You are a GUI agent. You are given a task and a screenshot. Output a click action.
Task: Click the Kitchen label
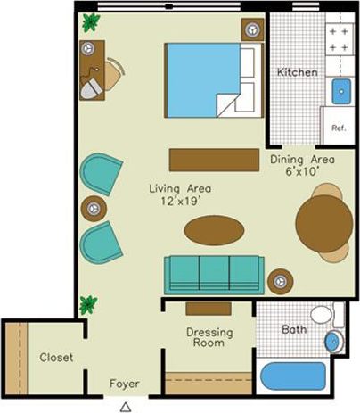(x=296, y=72)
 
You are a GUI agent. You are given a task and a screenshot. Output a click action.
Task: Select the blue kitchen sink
(x=340, y=90)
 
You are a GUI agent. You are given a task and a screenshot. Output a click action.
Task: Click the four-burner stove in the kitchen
(x=339, y=39)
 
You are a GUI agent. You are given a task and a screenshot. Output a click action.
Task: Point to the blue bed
(x=204, y=78)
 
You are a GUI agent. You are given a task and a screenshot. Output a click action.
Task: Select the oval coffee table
(x=214, y=230)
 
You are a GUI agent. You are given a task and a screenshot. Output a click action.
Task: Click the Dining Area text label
(x=302, y=161)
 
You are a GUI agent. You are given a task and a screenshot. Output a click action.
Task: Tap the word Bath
(x=293, y=329)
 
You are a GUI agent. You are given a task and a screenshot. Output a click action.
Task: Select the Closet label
(x=55, y=358)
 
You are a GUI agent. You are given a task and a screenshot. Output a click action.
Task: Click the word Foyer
(x=124, y=384)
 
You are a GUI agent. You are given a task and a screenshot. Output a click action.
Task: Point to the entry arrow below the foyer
(x=126, y=406)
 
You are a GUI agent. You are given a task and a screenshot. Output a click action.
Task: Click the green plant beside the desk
(x=90, y=22)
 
